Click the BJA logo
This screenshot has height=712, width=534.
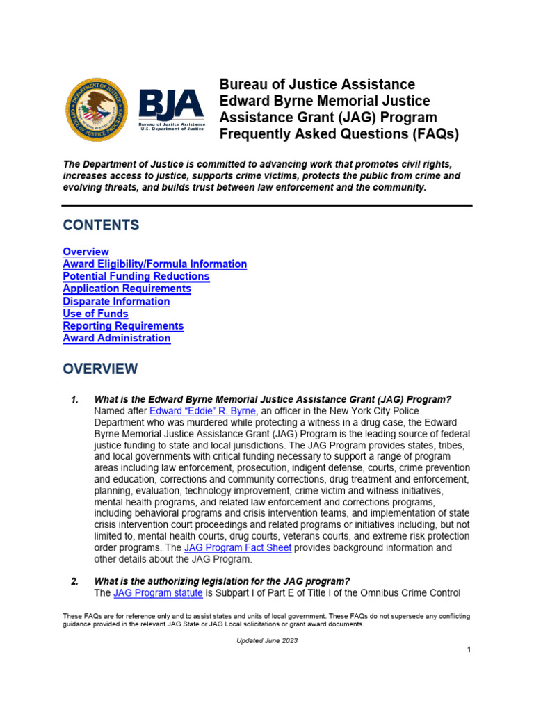(171, 109)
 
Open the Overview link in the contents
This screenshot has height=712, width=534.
(86, 252)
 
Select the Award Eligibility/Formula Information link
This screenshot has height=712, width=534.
(154, 264)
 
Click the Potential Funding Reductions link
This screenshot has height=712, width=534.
(136, 277)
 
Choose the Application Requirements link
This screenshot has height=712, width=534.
(127, 289)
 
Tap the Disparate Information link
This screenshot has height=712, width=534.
(116, 301)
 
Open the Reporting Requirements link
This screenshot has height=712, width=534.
(123, 326)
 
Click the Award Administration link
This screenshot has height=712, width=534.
(116, 339)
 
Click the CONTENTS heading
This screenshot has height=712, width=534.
(101, 225)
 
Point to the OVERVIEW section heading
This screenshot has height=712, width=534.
(100, 369)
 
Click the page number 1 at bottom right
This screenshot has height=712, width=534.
(469, 649)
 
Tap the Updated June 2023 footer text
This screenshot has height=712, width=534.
(267, 640)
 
